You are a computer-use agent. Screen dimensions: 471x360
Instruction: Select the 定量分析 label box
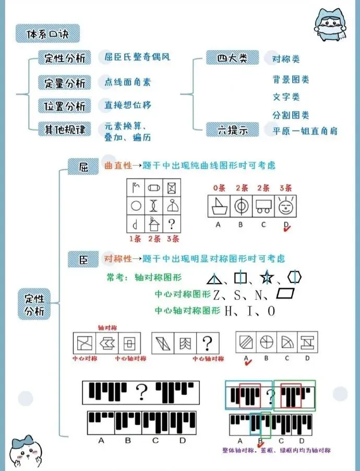65,83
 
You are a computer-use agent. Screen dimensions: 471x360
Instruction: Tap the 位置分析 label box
65,106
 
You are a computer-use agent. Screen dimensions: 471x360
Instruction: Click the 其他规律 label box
65,128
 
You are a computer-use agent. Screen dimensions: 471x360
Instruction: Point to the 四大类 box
232,58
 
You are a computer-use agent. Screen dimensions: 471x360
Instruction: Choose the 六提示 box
232,129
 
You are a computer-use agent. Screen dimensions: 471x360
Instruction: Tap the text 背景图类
291,79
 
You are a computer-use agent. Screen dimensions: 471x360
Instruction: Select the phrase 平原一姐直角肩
305,130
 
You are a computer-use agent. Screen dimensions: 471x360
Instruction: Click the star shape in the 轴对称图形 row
267,278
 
